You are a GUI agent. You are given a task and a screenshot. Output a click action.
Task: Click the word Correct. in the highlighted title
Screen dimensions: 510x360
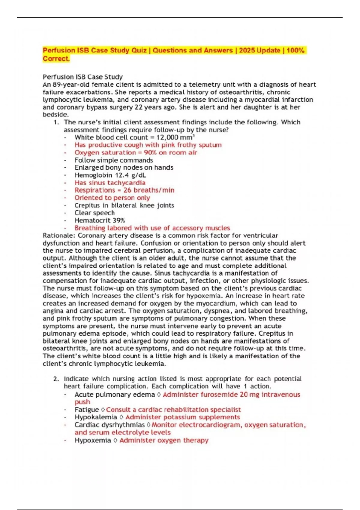56,59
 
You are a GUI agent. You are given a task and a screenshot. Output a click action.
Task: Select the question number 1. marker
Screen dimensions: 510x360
56,122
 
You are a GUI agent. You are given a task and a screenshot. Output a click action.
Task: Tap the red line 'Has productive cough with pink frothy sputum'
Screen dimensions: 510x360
148,145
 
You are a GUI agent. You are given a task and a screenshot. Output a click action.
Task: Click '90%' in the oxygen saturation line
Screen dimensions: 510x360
150,153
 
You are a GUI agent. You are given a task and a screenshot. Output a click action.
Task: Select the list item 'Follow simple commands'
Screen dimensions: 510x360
114,160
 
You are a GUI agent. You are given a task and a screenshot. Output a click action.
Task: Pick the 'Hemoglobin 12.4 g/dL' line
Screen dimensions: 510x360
110,175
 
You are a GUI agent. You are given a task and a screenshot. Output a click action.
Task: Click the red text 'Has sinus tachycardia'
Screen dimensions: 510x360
110,183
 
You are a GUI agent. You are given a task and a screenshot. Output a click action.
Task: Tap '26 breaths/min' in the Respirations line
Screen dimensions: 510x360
149,190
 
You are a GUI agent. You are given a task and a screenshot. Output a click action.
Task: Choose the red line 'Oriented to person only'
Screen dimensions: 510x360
112,198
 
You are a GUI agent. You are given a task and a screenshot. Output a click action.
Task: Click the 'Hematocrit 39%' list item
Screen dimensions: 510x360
100,220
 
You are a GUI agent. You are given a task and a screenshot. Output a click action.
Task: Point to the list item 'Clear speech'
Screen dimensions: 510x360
94,213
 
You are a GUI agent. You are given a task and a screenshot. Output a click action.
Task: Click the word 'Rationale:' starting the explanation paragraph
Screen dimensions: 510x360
59,236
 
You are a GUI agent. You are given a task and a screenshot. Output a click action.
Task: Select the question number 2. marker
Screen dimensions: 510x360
56,379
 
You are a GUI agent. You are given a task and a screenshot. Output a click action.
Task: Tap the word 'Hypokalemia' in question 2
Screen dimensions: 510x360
96,417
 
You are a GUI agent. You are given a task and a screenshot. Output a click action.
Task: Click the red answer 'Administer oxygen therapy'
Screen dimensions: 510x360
164,440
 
